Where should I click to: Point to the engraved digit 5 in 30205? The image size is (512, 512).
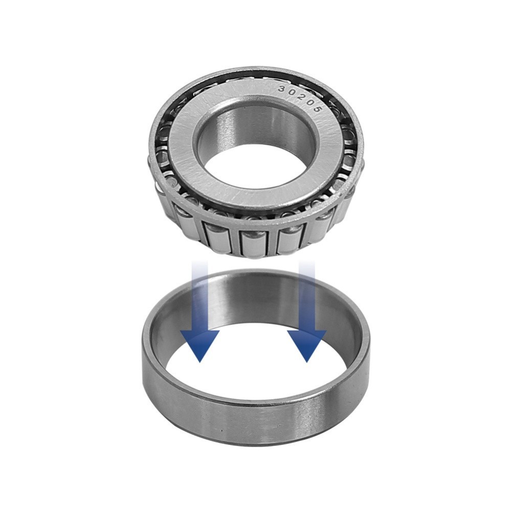tap(317, 109)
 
